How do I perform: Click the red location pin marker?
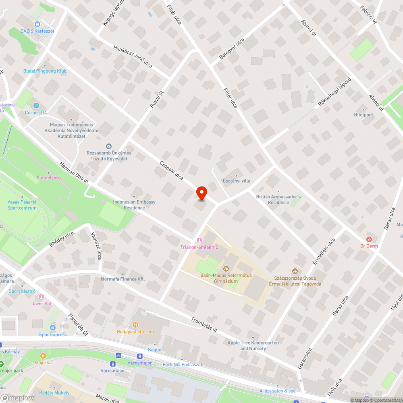coord(201,193)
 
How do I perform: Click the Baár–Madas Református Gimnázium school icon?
coord(226,268)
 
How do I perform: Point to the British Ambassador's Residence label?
coord(278,199)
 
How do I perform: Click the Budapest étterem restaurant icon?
coord(135,324)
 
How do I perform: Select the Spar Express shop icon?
coord(53,327)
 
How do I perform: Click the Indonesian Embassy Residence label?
coord(134,205)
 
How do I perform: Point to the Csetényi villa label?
coord(237,181)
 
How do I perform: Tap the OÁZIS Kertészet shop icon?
coord(37,24)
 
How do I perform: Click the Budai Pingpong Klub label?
coord(45,71)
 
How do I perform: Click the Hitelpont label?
coord(364,115)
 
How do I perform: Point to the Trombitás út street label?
coord(204,324)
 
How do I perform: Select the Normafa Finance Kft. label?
coord(123,279)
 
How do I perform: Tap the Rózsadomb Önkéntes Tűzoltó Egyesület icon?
coord(108,146)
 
